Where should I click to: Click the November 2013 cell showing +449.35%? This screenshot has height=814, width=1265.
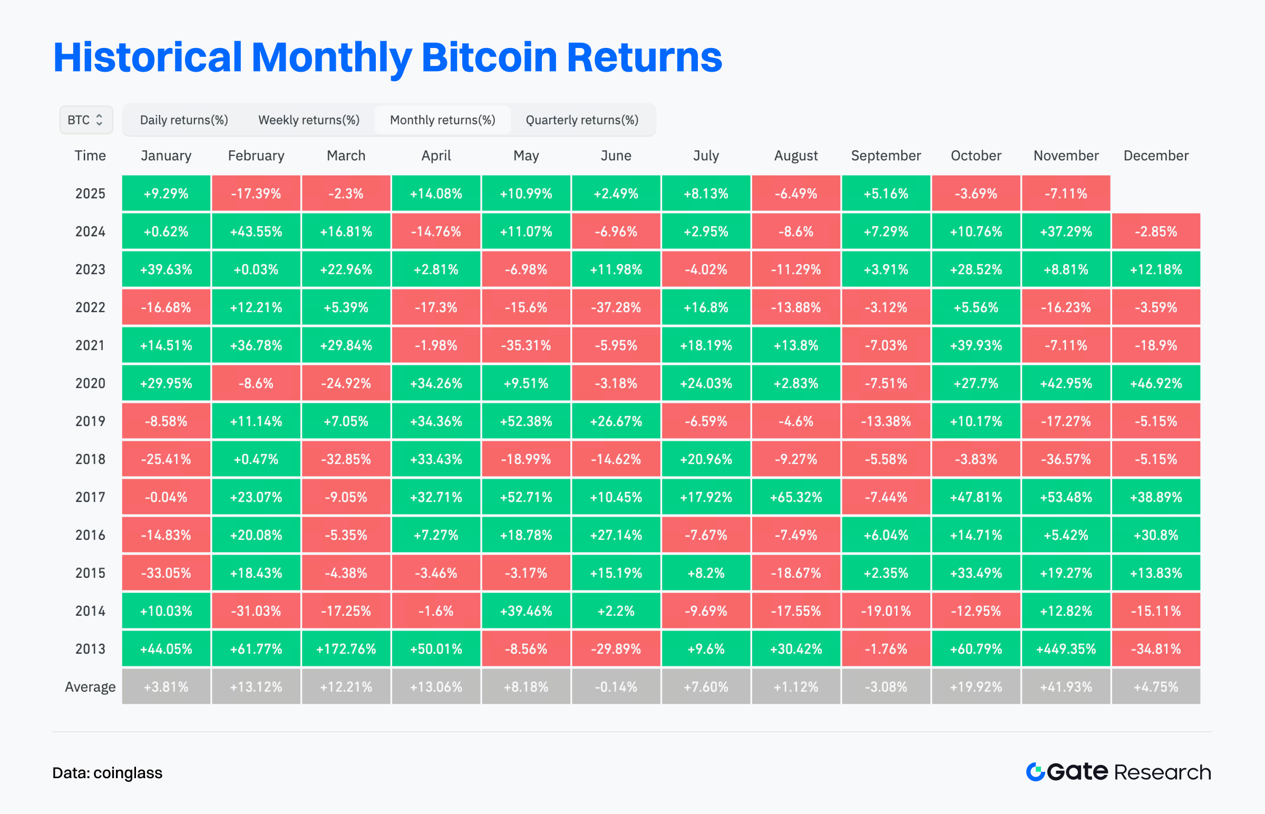click(1066, 648)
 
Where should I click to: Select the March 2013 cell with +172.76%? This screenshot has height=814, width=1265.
click(346, 648)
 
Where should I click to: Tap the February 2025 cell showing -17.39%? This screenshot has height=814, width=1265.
click(256, 193)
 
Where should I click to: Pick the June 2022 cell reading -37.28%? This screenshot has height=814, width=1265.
click(616, 307)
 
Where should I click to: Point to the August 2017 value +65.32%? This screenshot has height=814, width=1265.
click(796, 497)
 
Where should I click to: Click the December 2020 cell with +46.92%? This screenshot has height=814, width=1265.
click(1155, 383)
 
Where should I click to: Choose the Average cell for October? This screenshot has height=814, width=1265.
click(976, 686)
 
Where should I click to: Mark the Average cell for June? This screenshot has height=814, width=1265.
click(616, 686)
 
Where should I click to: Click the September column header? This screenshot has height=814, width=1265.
click(885, 156)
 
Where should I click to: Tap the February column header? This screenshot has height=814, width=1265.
click(256, 156)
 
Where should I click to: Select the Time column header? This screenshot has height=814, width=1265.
click(90, 156)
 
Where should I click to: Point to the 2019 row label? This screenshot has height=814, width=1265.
click(90, 421)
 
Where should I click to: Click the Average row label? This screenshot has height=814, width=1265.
click(90, 686)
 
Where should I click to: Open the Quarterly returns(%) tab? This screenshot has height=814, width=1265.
click(582, 120)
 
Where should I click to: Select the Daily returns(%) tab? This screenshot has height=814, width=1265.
click(184, 120)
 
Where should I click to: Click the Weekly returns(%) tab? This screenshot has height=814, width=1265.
click(308, 120)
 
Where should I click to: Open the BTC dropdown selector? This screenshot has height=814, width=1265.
click(85, 120)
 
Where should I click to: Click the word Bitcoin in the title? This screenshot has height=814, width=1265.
click(489, 57)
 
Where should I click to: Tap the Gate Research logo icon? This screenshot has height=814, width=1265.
click(1035, 772)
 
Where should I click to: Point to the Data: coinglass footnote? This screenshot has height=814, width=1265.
click(108, 773)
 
